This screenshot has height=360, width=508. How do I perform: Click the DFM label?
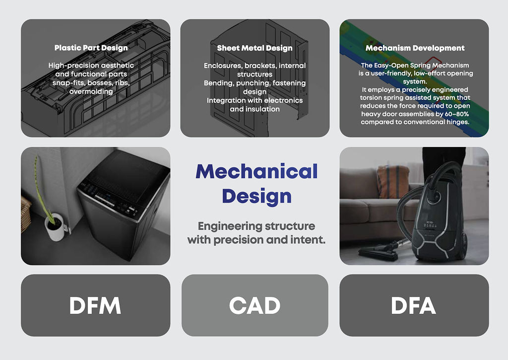pos(95,306)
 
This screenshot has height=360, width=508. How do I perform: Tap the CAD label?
pos(254,306)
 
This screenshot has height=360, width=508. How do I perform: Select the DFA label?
pos(413,306)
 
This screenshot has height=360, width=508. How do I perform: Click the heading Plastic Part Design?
pos(91,48)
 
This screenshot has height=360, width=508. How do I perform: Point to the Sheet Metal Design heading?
pos(254,48)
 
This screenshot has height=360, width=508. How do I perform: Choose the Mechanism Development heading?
pos(415,48)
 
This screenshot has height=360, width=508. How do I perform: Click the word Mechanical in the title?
pos(256,171)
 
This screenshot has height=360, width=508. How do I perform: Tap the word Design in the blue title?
pos(256,196)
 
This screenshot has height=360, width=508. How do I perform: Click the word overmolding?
pos(91,91)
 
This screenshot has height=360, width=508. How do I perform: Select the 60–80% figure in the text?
pos(455,114)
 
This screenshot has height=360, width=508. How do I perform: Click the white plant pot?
pos(55,227)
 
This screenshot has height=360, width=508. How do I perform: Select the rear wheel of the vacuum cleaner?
pos(463,243)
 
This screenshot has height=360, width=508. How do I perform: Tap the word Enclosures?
pos(222,66)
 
